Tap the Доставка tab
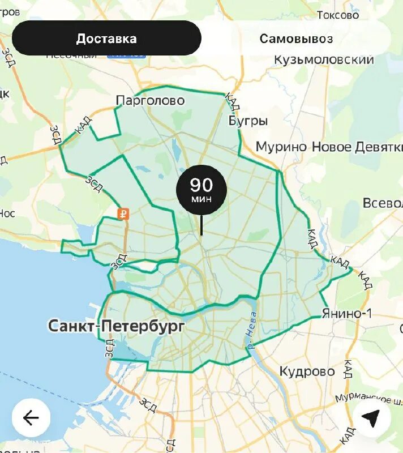(x=106, y=39)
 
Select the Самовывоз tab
(x=296, y=39)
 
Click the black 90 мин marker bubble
(x=201, y=190)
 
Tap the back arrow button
(x=31, y=418)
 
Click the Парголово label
(x=150, y=100)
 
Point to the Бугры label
(x=248, y=121)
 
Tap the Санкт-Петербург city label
(x=117, y=326)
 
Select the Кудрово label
(x=307, y=371)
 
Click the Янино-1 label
(x=346, y=313)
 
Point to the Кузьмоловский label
(x=324, y=59)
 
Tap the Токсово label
(x=338, y=15)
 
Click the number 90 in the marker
(x=201, y=185)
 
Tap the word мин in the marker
(x=201, y=199)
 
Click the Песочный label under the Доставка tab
(x=71, y=55)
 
